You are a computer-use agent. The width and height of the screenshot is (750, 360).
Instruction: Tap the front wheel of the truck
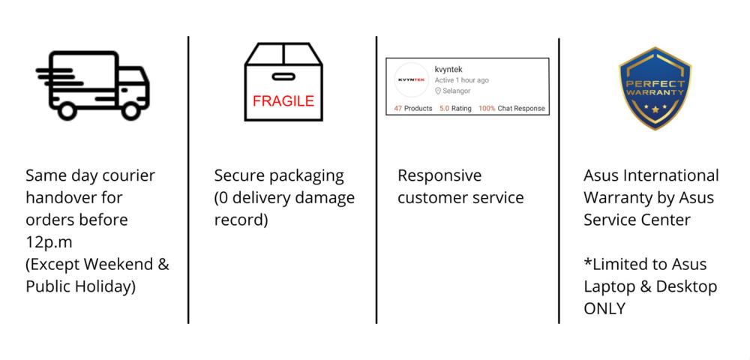132,112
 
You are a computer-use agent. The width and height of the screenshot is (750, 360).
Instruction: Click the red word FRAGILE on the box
283,101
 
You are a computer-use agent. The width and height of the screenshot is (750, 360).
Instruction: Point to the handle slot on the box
283,76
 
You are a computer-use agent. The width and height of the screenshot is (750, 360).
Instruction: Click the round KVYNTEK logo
411,80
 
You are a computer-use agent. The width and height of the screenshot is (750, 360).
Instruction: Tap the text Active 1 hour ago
461,80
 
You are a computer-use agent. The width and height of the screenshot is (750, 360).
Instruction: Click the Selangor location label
455,91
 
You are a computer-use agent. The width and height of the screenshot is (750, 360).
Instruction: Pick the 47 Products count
413,109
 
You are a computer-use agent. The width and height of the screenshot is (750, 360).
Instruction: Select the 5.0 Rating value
455,109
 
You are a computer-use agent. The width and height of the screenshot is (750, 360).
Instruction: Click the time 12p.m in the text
48,241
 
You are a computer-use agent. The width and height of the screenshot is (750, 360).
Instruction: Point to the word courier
127,175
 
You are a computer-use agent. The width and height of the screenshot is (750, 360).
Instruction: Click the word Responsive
439,175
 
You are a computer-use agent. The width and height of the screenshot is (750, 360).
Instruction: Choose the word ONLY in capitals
604,308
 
